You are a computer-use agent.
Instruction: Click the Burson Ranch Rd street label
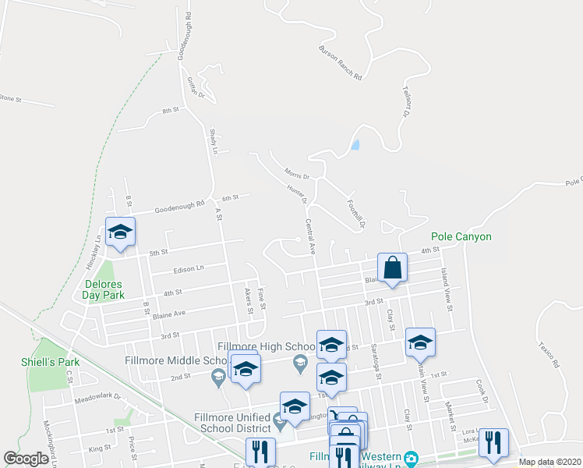pyautogui.click(x=341, y=63)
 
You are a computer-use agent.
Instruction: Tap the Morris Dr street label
pyautogui.click(x=297, y=175)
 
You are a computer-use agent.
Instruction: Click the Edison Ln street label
pyautogui.click(x=189, y=269)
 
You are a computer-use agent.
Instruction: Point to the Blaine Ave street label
pyautogui.click(x=168, y=314)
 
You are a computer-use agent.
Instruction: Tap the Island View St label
pyautogui.click(x=447, y=289)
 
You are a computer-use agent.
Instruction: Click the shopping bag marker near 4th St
pyautogui.click(x=394, y=268)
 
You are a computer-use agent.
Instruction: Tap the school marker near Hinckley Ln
pyautogui.click(x=120, y=232)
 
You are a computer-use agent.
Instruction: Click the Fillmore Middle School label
pyautogui.click(x=175, y=360)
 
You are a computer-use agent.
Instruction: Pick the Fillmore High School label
pyautogui.click(x=265, y=346)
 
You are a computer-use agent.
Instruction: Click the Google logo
pyautogui.click(x=26, y=459)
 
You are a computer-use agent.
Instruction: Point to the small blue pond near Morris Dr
pyautogui.click(x=355, y=144)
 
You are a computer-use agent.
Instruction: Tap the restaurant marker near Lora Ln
pyautogui.click(x=493, y=442)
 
